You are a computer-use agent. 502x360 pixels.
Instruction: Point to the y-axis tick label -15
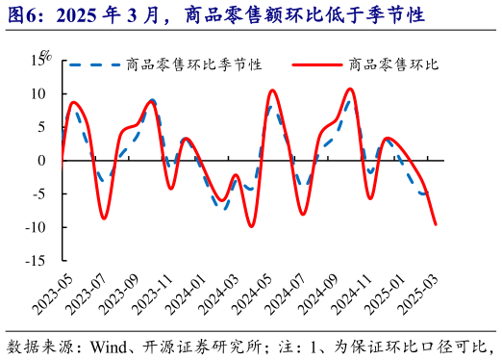[38, 260]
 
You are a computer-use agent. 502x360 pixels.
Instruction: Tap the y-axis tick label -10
[38, 227]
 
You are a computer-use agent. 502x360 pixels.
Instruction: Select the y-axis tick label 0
[43, 160]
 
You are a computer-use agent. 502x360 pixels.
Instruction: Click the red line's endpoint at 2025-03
[436, 224]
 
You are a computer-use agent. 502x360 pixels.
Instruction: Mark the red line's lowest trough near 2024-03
[252, 226]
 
